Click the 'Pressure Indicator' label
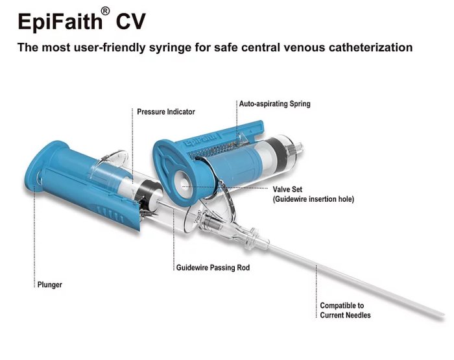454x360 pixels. click(x=166, y=112)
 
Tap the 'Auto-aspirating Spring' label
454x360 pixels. click(x=275, y=104)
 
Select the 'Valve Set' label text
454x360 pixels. click(x=287, y=189)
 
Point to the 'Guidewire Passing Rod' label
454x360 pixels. click(x=213, y=267)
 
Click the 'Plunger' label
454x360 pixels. click(x=50, y=285)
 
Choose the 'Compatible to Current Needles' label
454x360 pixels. click(x=345, y=310)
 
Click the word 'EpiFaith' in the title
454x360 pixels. click(x=60, y=21)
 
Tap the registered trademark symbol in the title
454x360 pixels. click(x=105, y=12)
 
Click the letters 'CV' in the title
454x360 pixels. click(x=130, y=21)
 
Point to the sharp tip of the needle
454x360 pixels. click(x=444, y=315)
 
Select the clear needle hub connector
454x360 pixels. click(x=232, y=230)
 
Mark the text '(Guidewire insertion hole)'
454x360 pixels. click(x=313, y=199)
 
